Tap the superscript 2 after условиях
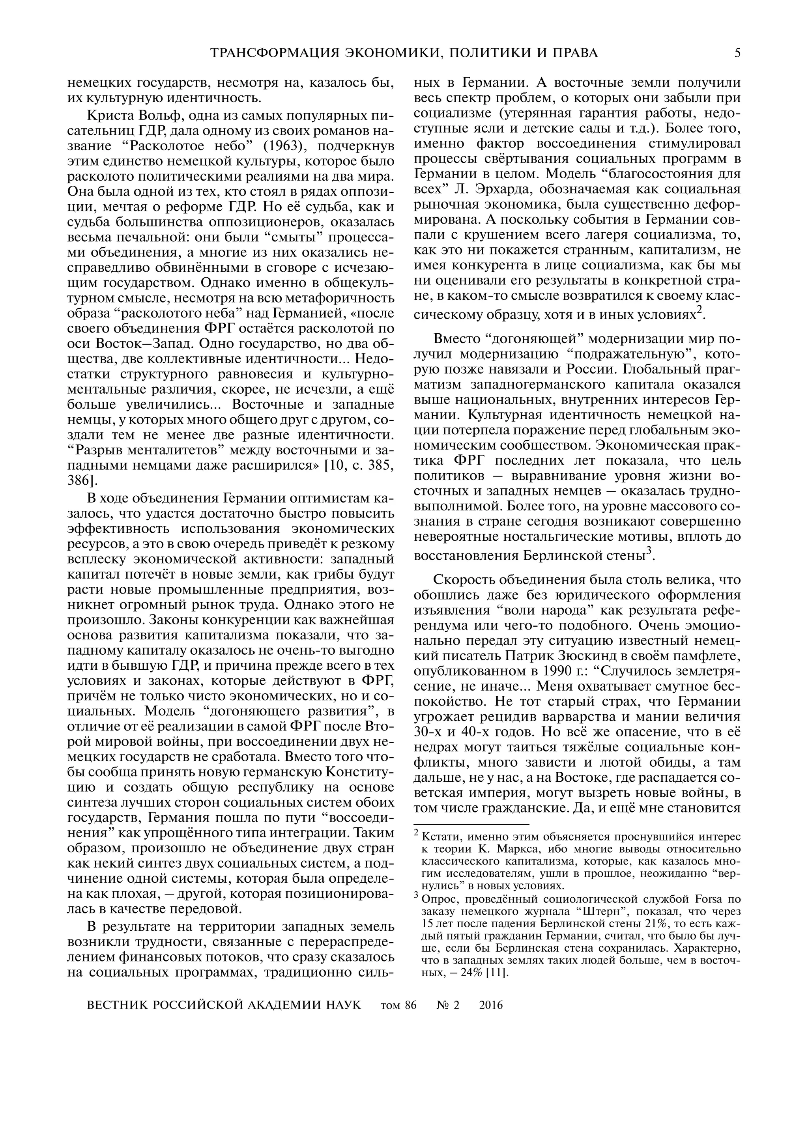coord(699,310)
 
